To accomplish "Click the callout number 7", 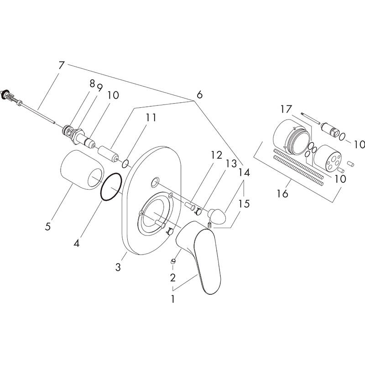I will (x=62, y=65).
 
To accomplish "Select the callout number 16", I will (x=283, y=194).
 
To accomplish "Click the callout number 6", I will (x=199, y=94).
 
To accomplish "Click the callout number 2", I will (x=172, y=277).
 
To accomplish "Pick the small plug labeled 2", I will (x=173, y=261).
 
